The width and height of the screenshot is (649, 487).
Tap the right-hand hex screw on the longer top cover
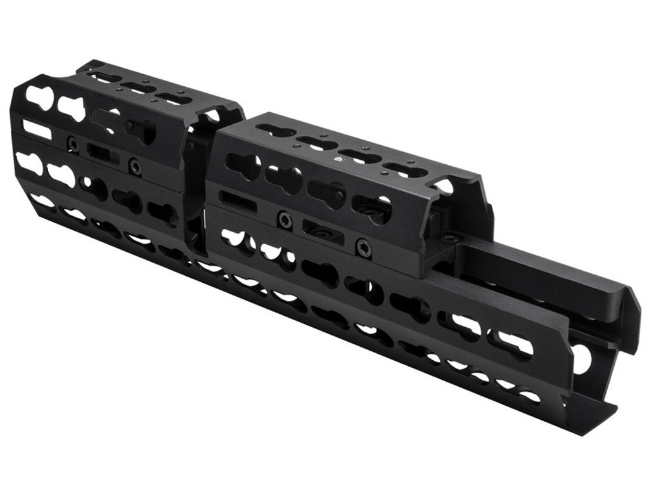[363, 248]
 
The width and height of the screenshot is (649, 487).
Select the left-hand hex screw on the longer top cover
[285, 219]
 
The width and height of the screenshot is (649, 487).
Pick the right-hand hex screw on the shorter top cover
[134, 166]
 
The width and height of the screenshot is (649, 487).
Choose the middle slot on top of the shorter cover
[139, 88]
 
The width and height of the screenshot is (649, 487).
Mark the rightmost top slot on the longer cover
[406, 171]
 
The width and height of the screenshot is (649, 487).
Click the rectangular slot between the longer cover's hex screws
[323, 233]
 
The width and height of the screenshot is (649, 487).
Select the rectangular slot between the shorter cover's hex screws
[103, 153]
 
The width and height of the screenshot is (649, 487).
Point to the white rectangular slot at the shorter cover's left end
[37, 129]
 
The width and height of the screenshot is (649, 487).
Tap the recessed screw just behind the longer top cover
[452, 238]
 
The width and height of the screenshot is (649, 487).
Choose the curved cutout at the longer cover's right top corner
[444, 185]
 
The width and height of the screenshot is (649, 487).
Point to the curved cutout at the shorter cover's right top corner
[212, 117]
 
